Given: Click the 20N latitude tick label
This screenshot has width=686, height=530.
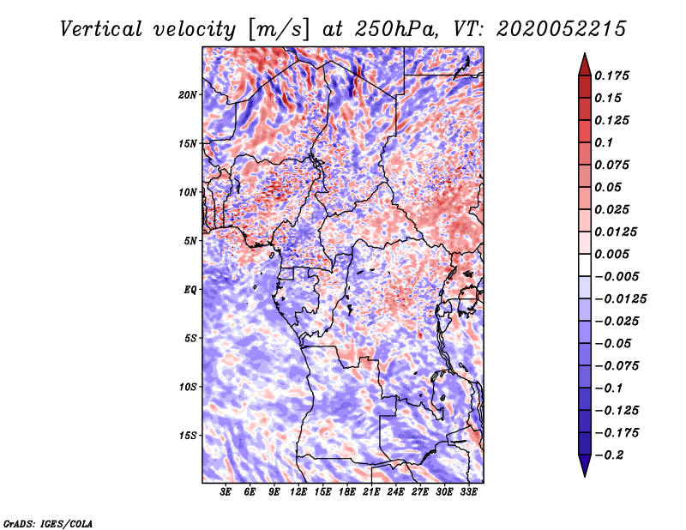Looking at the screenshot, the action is pos(188,95).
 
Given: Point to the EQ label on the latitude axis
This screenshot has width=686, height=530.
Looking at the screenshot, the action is pos(190,290).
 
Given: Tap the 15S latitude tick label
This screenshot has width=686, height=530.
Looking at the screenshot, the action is pos(188,436).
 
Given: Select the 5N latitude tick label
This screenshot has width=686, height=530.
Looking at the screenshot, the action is pos(190,241).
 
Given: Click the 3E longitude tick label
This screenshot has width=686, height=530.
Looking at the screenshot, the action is pos(226,492).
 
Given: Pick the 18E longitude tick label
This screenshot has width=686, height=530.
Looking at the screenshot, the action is pos(347,492).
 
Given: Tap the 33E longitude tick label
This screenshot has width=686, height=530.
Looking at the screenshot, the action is pos(468,492).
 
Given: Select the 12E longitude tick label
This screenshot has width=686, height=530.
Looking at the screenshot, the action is pos(298,492).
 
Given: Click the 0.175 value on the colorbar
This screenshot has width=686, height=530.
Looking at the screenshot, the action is pos(611,75).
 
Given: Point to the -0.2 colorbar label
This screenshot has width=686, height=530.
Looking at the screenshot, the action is pos(609,455).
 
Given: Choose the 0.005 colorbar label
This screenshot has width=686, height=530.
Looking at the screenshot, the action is pos(611,254).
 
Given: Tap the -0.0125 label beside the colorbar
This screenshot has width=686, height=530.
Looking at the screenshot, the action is pos(620,299).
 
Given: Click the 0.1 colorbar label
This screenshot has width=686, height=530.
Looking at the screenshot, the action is pos(604,142).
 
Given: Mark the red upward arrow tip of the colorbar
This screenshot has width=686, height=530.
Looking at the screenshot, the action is pos(585,53).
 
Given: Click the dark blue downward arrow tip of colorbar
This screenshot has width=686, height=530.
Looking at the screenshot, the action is pos(585,476).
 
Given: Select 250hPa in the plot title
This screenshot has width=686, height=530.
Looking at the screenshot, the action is pos(395,29).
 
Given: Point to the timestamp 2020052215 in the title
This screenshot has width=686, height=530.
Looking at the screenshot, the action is pos(562,29).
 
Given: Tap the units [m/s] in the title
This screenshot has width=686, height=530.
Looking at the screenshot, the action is pos(279,30).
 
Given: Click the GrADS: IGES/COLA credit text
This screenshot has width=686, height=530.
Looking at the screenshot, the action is pos(48,523).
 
